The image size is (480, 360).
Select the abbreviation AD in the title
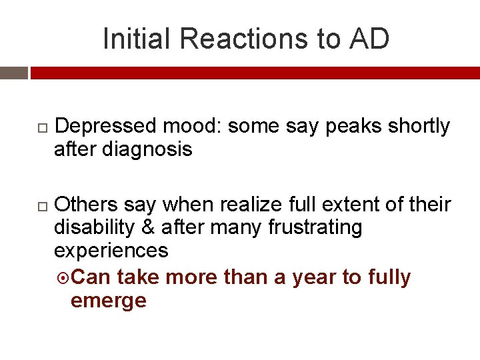[368, 39]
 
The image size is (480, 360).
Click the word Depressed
[107, 126]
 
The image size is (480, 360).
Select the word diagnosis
[147, 149]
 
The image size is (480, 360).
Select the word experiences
[111, 251]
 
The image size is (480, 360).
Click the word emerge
[108, 301]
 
